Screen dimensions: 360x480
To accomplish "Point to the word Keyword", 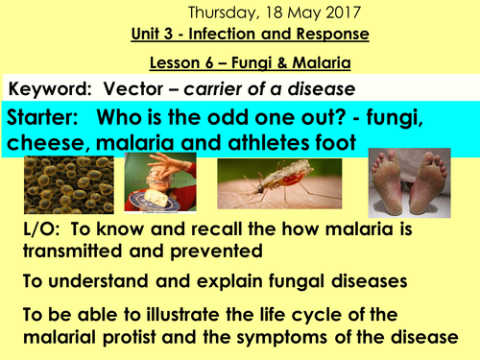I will click(x=41, y=88).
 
